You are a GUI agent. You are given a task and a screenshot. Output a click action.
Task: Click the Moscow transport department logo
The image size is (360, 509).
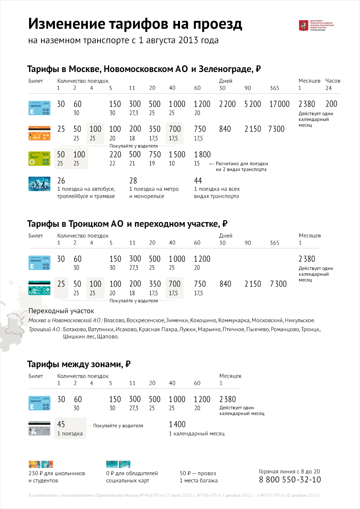pyautogui.click(x=304, y=26)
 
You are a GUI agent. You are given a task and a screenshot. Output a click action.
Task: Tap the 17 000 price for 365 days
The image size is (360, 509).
pyautogui.click(x=279, y=104)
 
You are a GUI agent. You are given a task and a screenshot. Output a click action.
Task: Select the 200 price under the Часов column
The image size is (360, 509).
pyautogui.click(x=331, y=104)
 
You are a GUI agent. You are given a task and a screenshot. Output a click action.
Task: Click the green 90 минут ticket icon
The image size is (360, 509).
pyautogui.click(x=39, y=158)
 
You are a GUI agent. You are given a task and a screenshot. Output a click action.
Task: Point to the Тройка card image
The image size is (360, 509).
pyautogui.click(x=39, y=184)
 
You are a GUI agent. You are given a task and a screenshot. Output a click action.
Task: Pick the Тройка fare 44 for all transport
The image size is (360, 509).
pyautogui.click(x=198, y=181)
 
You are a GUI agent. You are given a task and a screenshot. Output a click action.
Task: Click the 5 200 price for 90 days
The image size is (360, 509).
pyautogui.click(x=252, y=104)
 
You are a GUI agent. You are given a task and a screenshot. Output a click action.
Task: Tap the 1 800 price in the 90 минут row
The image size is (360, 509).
pyautogui.click(x=202, y=155)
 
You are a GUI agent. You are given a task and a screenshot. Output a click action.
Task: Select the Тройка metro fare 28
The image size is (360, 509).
pyautogui.click(x=133, y=181)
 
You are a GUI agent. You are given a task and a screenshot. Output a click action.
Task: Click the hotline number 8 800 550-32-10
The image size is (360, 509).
pyautogui.click(x=290, y=479)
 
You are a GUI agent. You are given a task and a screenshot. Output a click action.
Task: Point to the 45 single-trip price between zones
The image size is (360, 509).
pyautogui.click(x=61, y=424)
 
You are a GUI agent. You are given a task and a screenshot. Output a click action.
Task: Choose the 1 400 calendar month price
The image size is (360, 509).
pyautogui.click(x=177, y=424)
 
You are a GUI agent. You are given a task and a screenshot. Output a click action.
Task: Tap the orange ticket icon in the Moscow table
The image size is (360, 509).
pyautogui.click(x=39, y=133)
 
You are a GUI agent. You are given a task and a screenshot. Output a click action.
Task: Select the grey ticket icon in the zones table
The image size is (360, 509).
pyautogui.click(x=39, y=428)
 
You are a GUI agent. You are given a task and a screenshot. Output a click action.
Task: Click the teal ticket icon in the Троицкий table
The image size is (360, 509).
pyautogui.click(x=39, y=288)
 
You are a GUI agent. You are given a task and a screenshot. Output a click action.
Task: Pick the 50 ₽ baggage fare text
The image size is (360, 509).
pyautogui.click(x=198, y=473)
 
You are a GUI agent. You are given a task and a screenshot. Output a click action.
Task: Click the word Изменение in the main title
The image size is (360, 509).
pyautogui.click(x=67, y=24)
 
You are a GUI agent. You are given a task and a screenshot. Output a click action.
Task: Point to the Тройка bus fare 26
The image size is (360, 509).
pyautogui.click(x=61, y=181)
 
